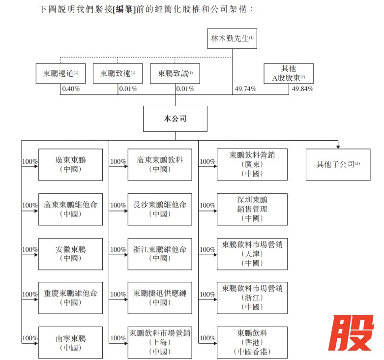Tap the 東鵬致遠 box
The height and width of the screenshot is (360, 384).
[x=118, y=73]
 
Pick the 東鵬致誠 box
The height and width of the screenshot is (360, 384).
[x=175, y=73]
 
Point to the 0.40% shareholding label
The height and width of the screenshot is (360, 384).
[x=70, y=89]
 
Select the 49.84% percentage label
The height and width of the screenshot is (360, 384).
[x=302, y=89]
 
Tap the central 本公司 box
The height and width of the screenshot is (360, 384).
[x=175, y=119]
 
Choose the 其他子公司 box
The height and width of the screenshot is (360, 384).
[x=338, y=164]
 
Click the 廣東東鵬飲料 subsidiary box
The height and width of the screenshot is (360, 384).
[x=160, y=164]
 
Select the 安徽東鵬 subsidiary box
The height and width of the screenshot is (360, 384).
[x=71, y=254]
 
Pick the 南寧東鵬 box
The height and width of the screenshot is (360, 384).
[x=71, y=343]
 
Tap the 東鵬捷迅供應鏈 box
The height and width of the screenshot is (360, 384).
[x=160, y=298]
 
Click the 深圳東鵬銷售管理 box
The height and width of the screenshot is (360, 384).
[x=252, y=209]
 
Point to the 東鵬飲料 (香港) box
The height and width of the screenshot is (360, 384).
[x=252, y=342]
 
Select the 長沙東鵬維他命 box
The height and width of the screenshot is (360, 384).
[x=160, y=209]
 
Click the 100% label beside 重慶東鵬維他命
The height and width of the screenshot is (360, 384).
[x=30, y=294]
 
